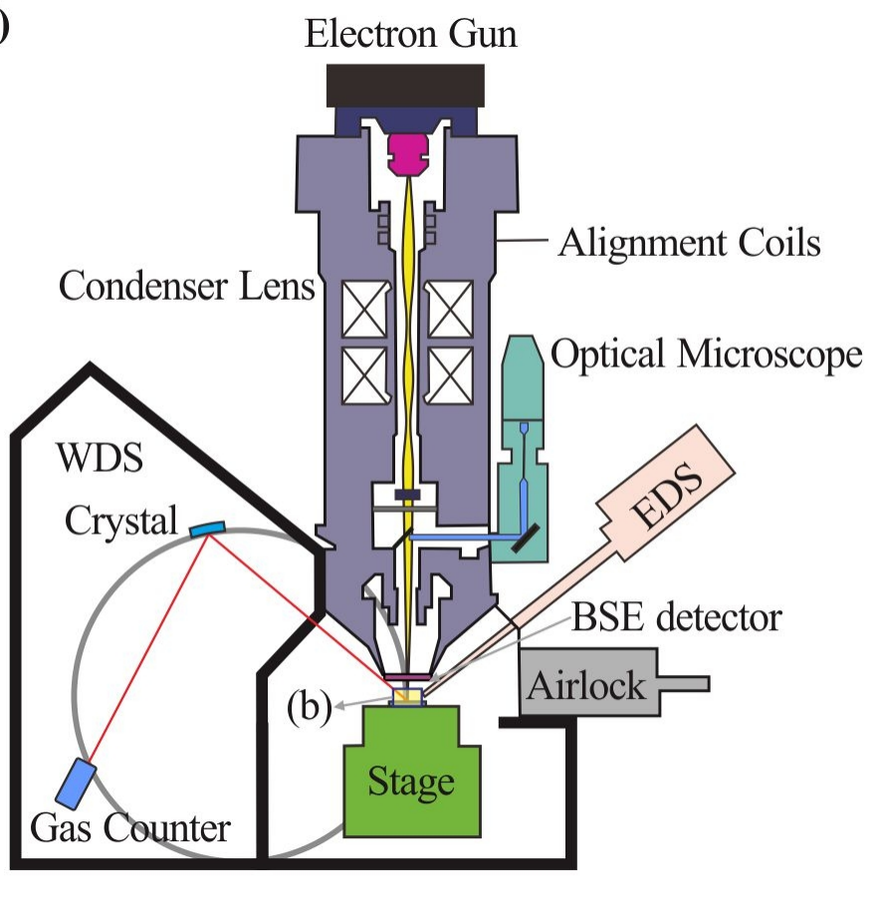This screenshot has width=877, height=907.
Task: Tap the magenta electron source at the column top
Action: tap(406, 151)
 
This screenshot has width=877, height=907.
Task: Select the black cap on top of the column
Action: tap(405, 86)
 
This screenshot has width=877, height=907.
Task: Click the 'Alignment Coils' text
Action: tap(689, 243)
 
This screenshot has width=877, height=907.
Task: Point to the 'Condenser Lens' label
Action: tap(187, 287)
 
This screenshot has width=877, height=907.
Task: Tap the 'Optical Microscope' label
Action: tap(706, 355)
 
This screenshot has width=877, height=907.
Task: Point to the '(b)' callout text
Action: tap(309, 708)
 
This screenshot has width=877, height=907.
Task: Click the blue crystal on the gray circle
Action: tap(206, 527)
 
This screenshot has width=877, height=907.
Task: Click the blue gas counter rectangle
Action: tap(75, 782)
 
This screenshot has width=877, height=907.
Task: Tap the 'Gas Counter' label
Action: tap(130, 827)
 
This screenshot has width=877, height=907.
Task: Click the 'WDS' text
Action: tap(99, 461)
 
